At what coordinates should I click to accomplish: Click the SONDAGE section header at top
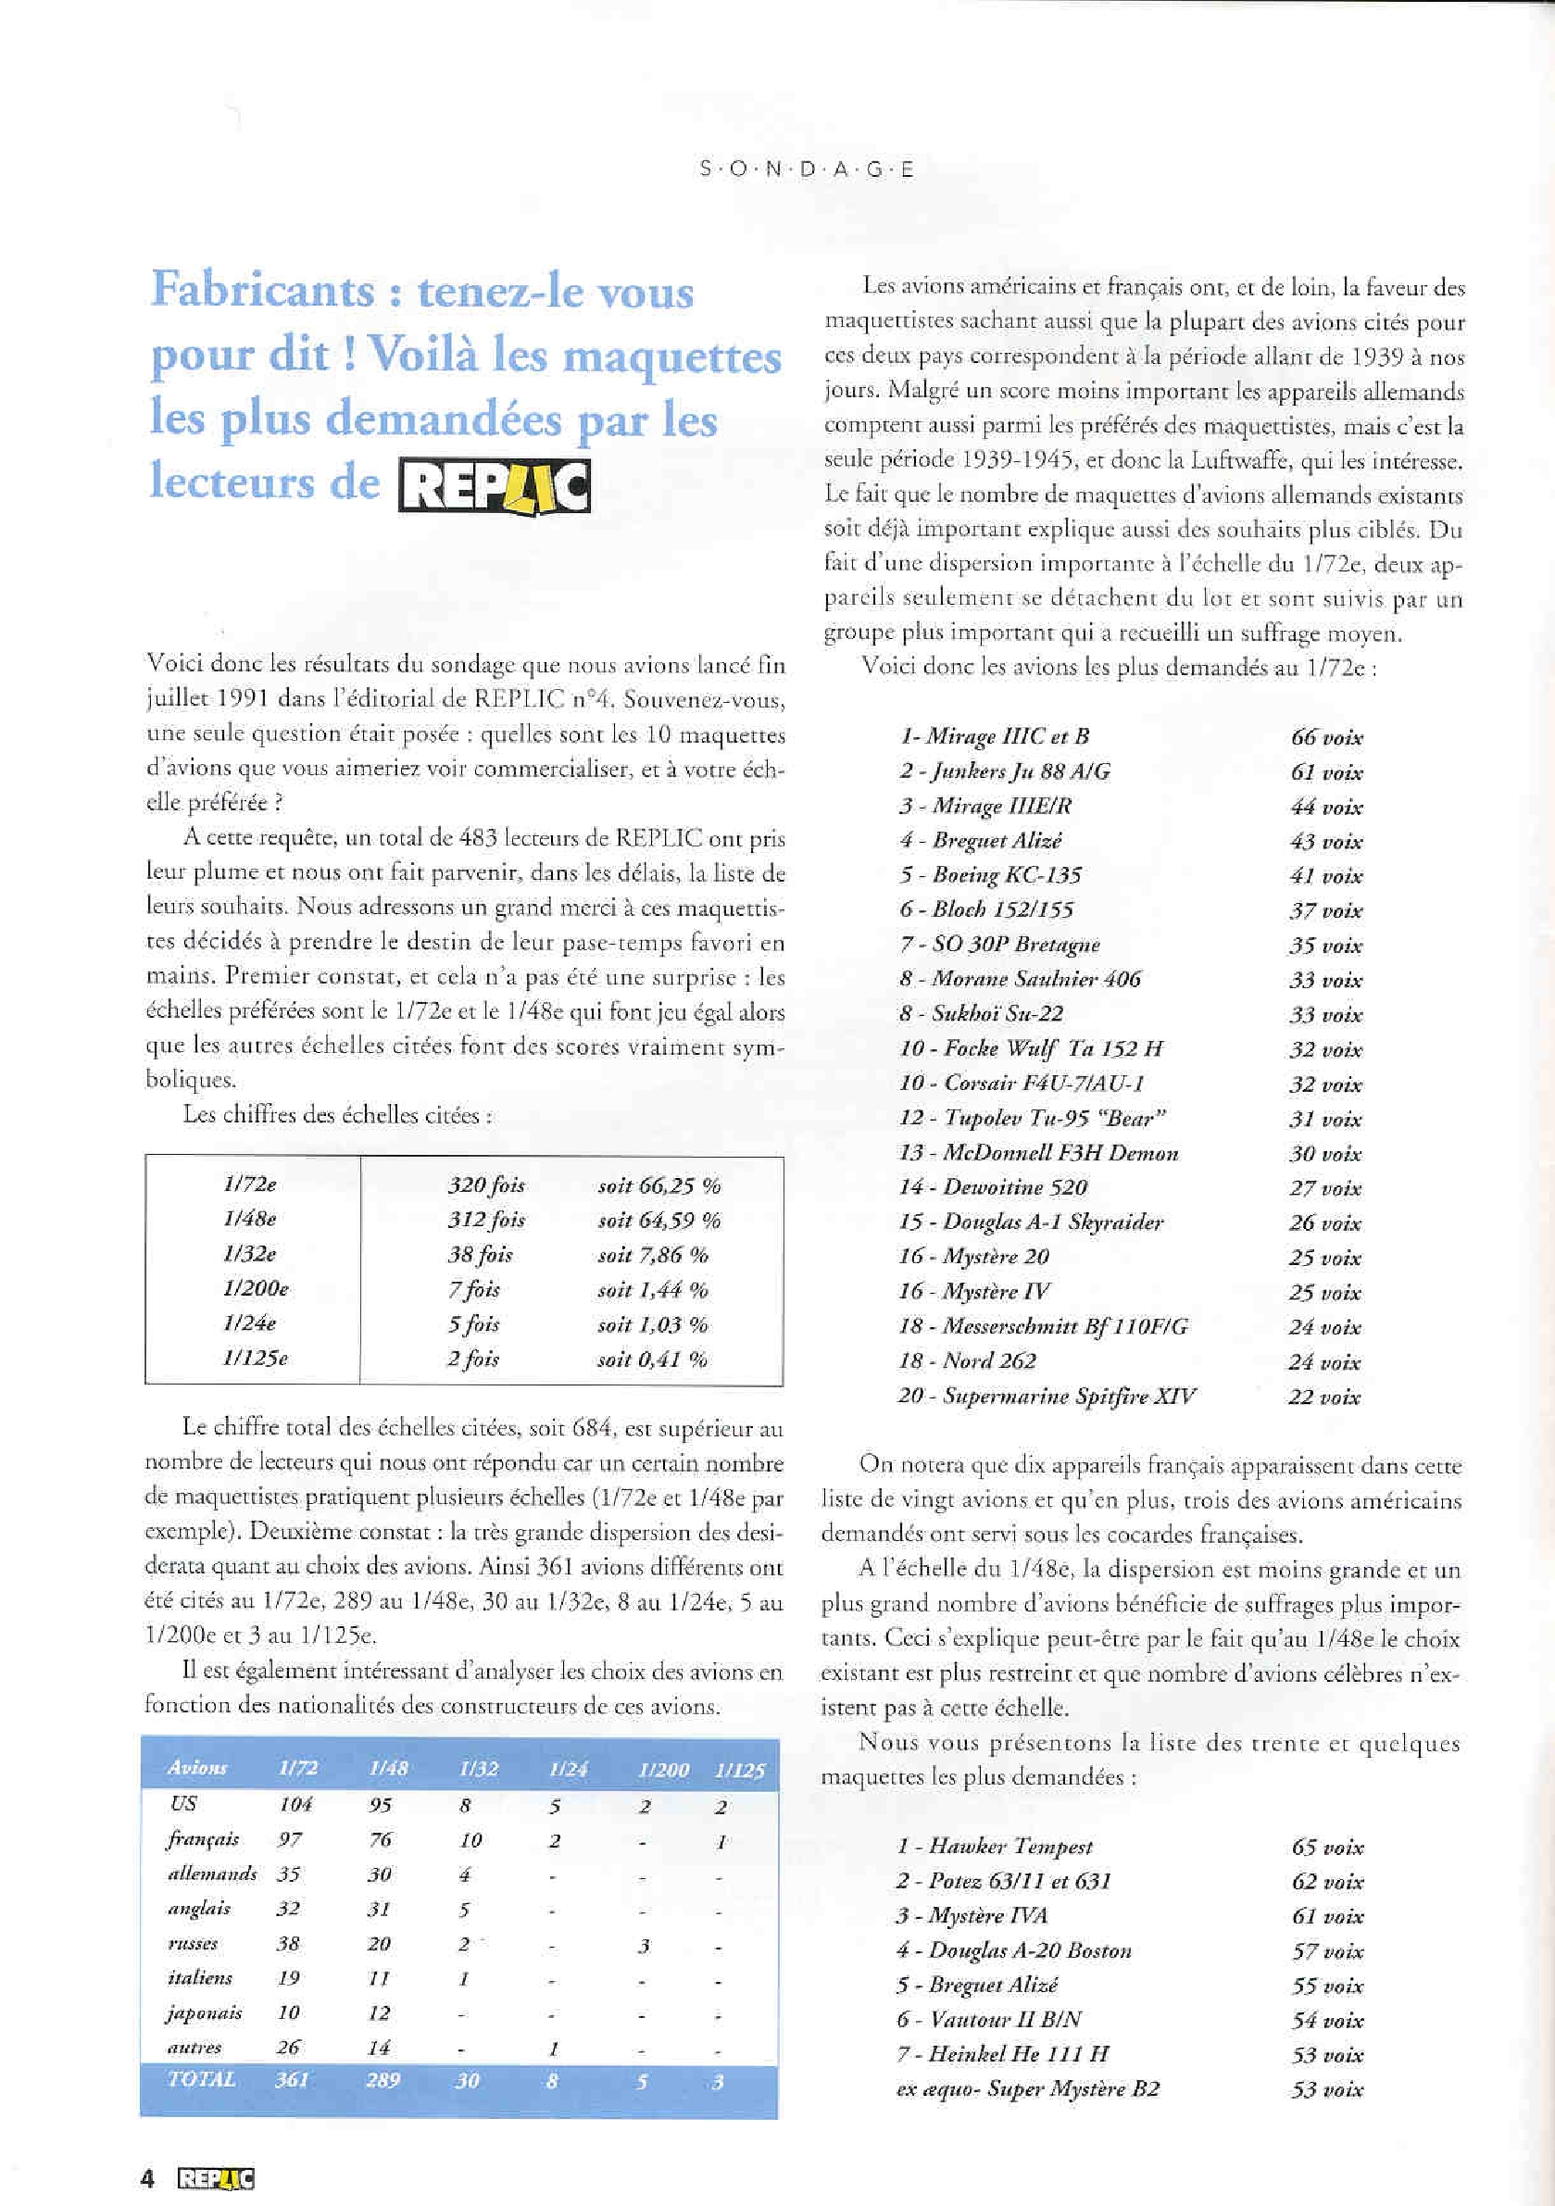click(x=807, y=170)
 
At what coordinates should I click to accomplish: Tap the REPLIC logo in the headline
click(x=494, y=487)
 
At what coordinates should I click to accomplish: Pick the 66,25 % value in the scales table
click(x=659, y=1185)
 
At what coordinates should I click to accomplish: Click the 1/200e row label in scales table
click(x=256, y=1288)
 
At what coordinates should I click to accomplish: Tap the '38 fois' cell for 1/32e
click(x=481, y=1255)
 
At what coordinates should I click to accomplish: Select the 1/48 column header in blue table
click(x=388, y=1769)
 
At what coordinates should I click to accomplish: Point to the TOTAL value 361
click(x=291, y=2080)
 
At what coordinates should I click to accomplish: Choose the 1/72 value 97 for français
click(x=289, y=1839)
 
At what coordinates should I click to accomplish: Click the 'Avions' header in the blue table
click(x=197, y=1768)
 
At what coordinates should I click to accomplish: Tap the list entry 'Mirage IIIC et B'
click(x=995, y=737)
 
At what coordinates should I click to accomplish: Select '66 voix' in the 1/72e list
click(x=1326, y=738)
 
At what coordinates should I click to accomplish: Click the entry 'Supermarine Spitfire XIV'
click(x=1047, y=1396)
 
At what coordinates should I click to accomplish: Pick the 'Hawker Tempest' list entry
click(x=996, y=1846)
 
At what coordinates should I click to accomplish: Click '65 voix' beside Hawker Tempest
click(x=1327, y=1847)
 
